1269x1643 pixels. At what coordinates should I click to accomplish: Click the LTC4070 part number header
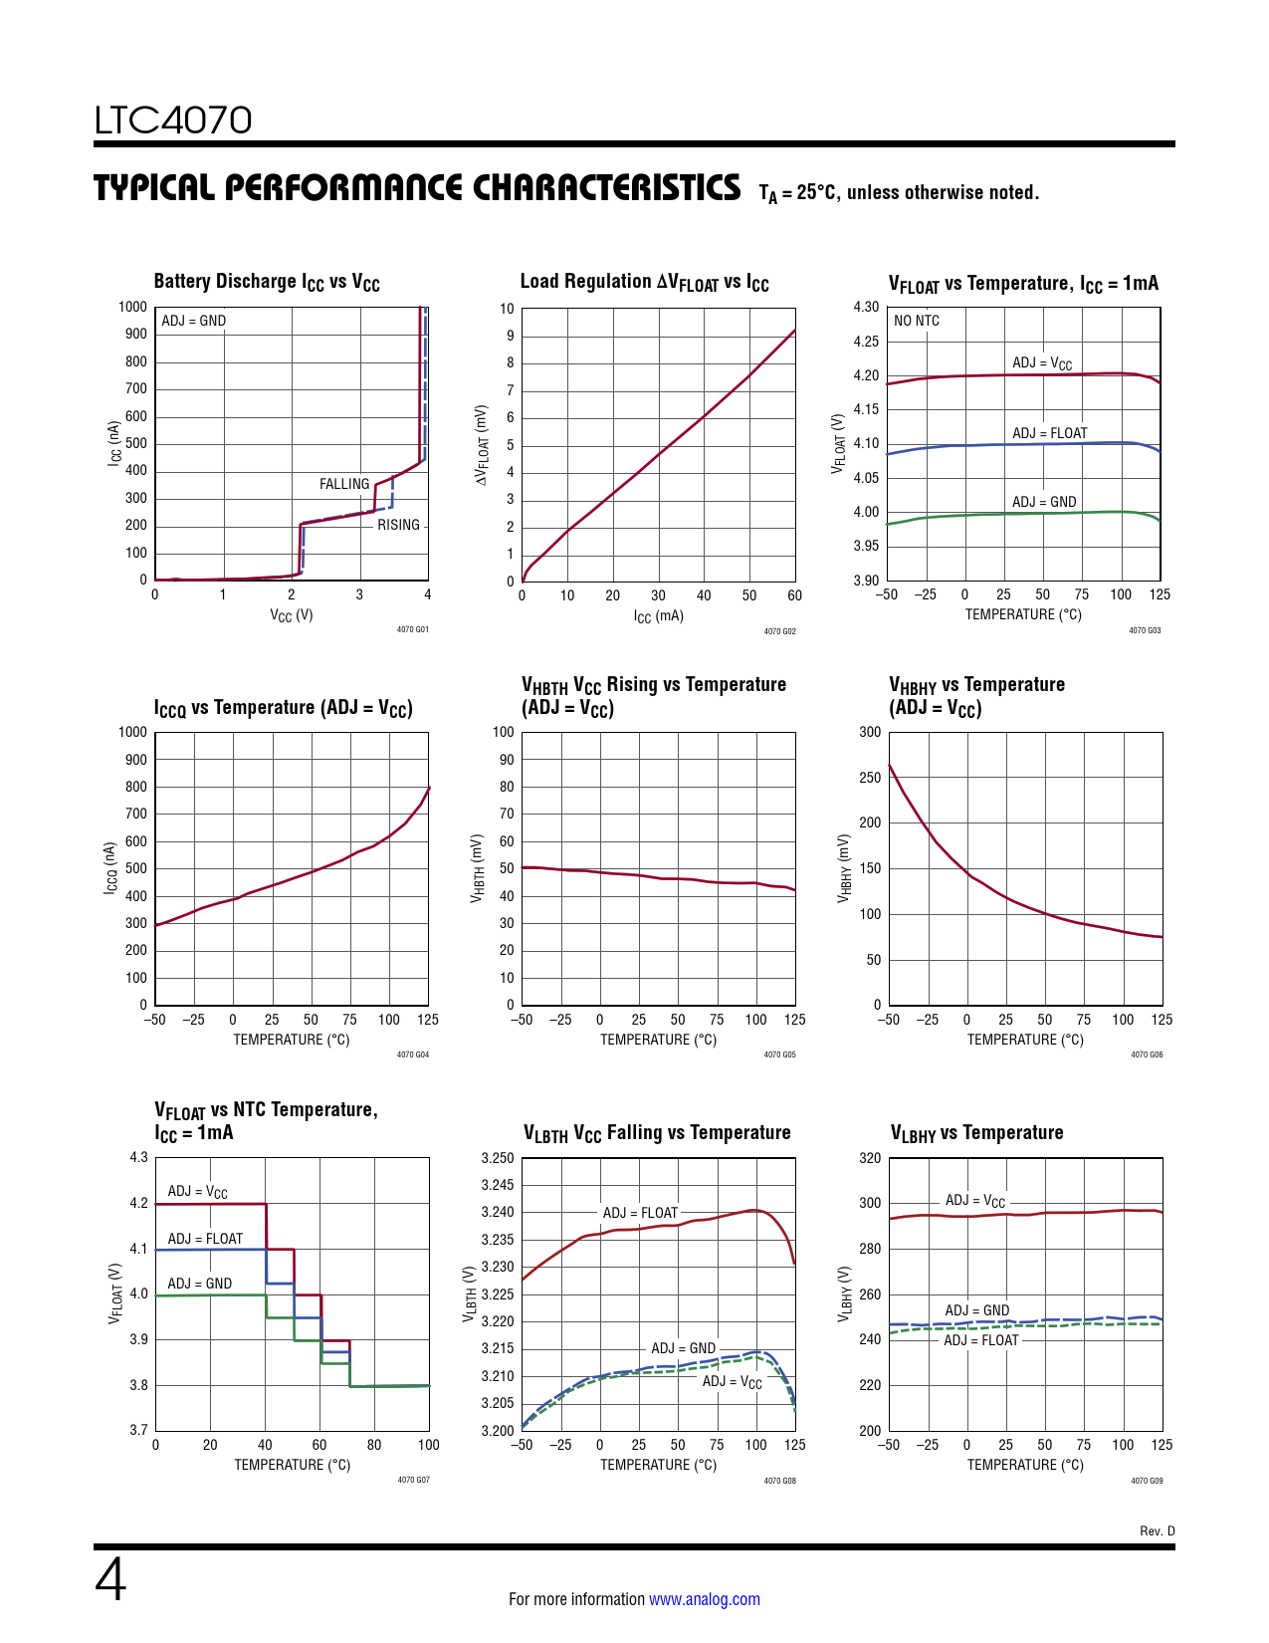173,120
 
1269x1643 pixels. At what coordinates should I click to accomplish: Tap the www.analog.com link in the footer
704,1599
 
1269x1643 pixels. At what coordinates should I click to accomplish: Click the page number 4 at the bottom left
110,1580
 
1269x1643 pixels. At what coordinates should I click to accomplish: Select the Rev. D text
1157,1530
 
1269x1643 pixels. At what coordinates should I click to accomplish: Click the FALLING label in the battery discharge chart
344,484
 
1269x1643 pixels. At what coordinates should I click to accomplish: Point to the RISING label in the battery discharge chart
398,525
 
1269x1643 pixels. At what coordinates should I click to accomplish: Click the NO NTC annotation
916,321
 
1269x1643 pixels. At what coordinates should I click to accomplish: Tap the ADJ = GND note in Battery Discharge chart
193,321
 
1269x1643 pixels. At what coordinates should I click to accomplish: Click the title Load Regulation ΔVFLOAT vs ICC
644,283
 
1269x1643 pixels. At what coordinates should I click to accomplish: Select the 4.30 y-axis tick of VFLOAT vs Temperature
866,307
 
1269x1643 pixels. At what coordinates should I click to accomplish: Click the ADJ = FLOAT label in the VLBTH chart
640,1213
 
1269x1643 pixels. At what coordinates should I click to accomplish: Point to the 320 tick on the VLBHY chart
870,1158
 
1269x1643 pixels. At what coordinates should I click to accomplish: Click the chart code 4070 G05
779,1055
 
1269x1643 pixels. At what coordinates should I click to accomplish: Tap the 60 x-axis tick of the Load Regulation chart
794,595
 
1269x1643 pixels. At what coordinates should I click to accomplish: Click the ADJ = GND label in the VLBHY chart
976,1310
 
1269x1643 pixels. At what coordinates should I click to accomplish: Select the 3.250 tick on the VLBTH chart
498,1158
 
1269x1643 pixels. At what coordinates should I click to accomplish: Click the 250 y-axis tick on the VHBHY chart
870,778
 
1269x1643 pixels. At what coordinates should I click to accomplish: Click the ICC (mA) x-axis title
658,616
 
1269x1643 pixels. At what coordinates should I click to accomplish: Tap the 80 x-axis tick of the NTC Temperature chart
374,1445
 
